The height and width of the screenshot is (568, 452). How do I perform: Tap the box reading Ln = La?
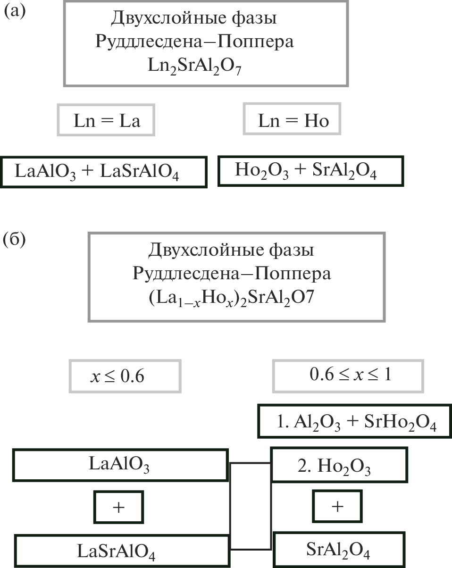click(x=107, y=121)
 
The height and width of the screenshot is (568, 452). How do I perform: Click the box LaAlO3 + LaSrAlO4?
click(x=104, y=171)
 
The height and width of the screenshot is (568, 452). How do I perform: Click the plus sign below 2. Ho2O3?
click(x=337, y=507)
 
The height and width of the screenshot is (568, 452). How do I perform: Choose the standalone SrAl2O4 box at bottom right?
click(x=338, y=549)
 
